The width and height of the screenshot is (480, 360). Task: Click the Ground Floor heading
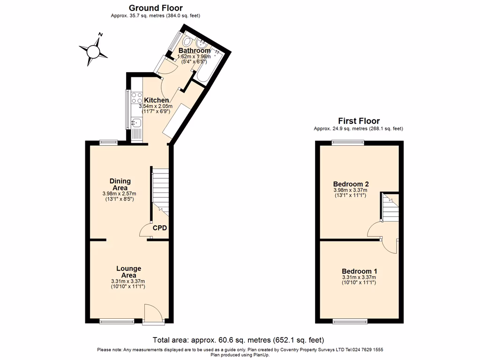pyautogui.click(x=156, y=8)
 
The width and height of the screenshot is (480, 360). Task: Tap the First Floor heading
pyautogui.click(x=359, y=121)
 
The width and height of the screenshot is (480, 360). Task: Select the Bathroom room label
pyautogui.click(x=195, y=51)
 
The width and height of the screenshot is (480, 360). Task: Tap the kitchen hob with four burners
pyautogui.click(x=137, y=98)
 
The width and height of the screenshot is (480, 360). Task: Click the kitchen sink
pyautogui.click(x=136, y=123)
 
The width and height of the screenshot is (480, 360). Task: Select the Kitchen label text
pyautogui.click(x=156, y=100)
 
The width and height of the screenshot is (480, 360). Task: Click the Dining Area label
pyautogui.click(x=120, y=184)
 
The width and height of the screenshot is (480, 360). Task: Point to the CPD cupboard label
pyautogui.click(x=160, y=228)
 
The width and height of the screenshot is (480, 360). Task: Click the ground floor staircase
pyautogui.click(x=160, y=190)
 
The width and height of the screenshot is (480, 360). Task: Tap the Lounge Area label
pyautogui.click(x=128, y=272)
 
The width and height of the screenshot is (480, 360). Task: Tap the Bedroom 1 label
pyautogui.click(x=359, y=271)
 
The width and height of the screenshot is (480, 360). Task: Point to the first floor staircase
pyautogui.click(x=390, y=208)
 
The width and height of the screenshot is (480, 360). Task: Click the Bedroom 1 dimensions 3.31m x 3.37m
pyautogui.click(x=359, y=277)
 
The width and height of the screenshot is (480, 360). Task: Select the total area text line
pyautogui.click(x=238, y=340)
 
